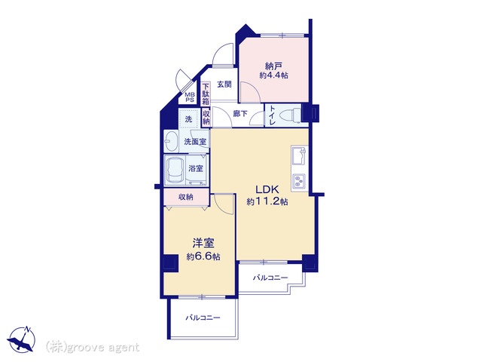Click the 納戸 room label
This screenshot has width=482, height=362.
click(x=273, y=66)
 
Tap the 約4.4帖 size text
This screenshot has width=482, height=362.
click(x=273, y=75)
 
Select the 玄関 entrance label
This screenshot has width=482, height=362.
click(x=224, y=84)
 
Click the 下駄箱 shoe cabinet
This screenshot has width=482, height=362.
click(x=206, y=94)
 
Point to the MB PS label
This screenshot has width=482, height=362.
click(x=190, y=97)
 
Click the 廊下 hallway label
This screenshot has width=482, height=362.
click(x=240, y=114)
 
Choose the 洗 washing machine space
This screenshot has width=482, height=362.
click(x=188, y=119)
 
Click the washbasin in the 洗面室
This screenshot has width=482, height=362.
click(x=171, y=141)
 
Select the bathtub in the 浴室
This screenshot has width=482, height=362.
click(x=175, y=170)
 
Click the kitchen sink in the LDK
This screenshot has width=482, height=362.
click(x=300, y=156)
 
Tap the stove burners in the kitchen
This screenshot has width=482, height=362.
click(x=300, y=181)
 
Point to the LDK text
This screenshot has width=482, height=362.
click(x=267, y=189)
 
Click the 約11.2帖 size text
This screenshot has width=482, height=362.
click(x=267, y=202)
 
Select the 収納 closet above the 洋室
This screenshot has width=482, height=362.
click(x=186, y=197)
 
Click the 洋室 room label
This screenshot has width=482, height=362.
click(x=203, y=244)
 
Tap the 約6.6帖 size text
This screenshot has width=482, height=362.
click(x=203, y=256)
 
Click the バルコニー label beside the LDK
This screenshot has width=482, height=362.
click(x=270, y=278)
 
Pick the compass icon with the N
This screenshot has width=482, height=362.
click(x=22, y=339)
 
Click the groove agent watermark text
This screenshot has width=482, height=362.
click(x=93, y=348)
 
